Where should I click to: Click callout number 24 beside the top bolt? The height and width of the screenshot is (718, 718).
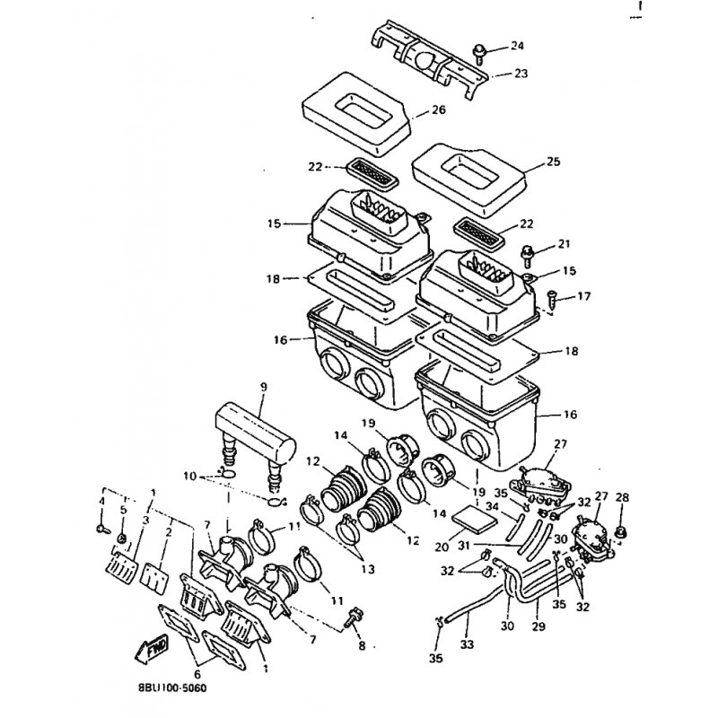click(517, 46)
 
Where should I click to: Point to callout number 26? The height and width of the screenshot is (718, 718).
click(438, 110)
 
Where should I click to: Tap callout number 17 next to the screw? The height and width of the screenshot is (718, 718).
click(584, 295)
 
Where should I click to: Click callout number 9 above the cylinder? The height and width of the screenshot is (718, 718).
click(264, 387)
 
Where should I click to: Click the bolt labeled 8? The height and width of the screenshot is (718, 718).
click(354, 617)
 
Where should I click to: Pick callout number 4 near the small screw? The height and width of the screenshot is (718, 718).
click(102, 500)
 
